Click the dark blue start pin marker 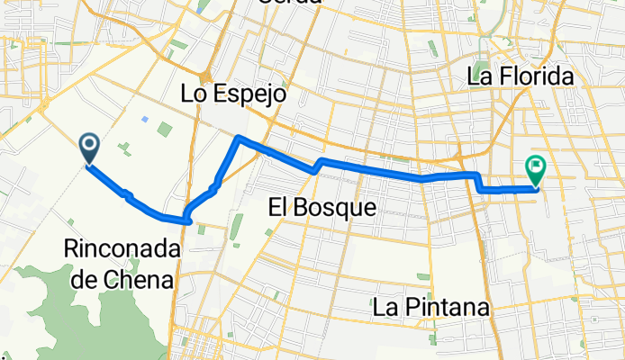90,147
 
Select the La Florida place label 521,77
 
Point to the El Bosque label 322,208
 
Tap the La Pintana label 431,307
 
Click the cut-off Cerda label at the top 289,3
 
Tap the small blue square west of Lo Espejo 144,118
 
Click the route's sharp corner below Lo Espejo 238,138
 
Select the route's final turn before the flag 481,190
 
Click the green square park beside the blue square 164,130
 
